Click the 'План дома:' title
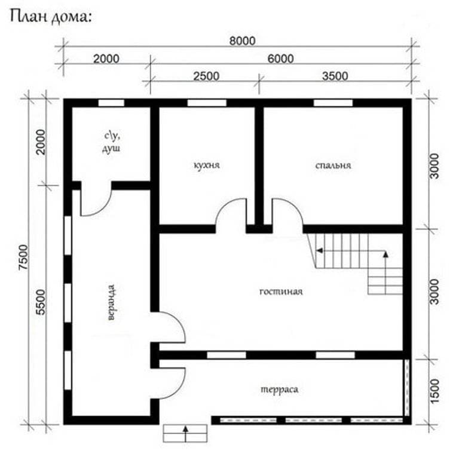click(51, 17)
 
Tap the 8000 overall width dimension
click(243, 41)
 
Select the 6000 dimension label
click(280, 59)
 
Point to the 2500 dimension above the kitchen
click(206, 76)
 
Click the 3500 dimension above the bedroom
click(335, 76)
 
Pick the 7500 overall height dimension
click(23, 258)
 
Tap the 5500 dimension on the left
click(41, 302)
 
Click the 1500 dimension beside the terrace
click(434, 390)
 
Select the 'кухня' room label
click(207, 165)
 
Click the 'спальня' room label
click(333, 165)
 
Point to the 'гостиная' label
click(281, 292)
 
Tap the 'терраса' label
click(280, 389)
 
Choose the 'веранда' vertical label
click(111, 302)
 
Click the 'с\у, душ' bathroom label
click(112, 142)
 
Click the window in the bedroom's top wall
click(333, 103)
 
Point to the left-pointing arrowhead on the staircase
click(319, 250)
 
